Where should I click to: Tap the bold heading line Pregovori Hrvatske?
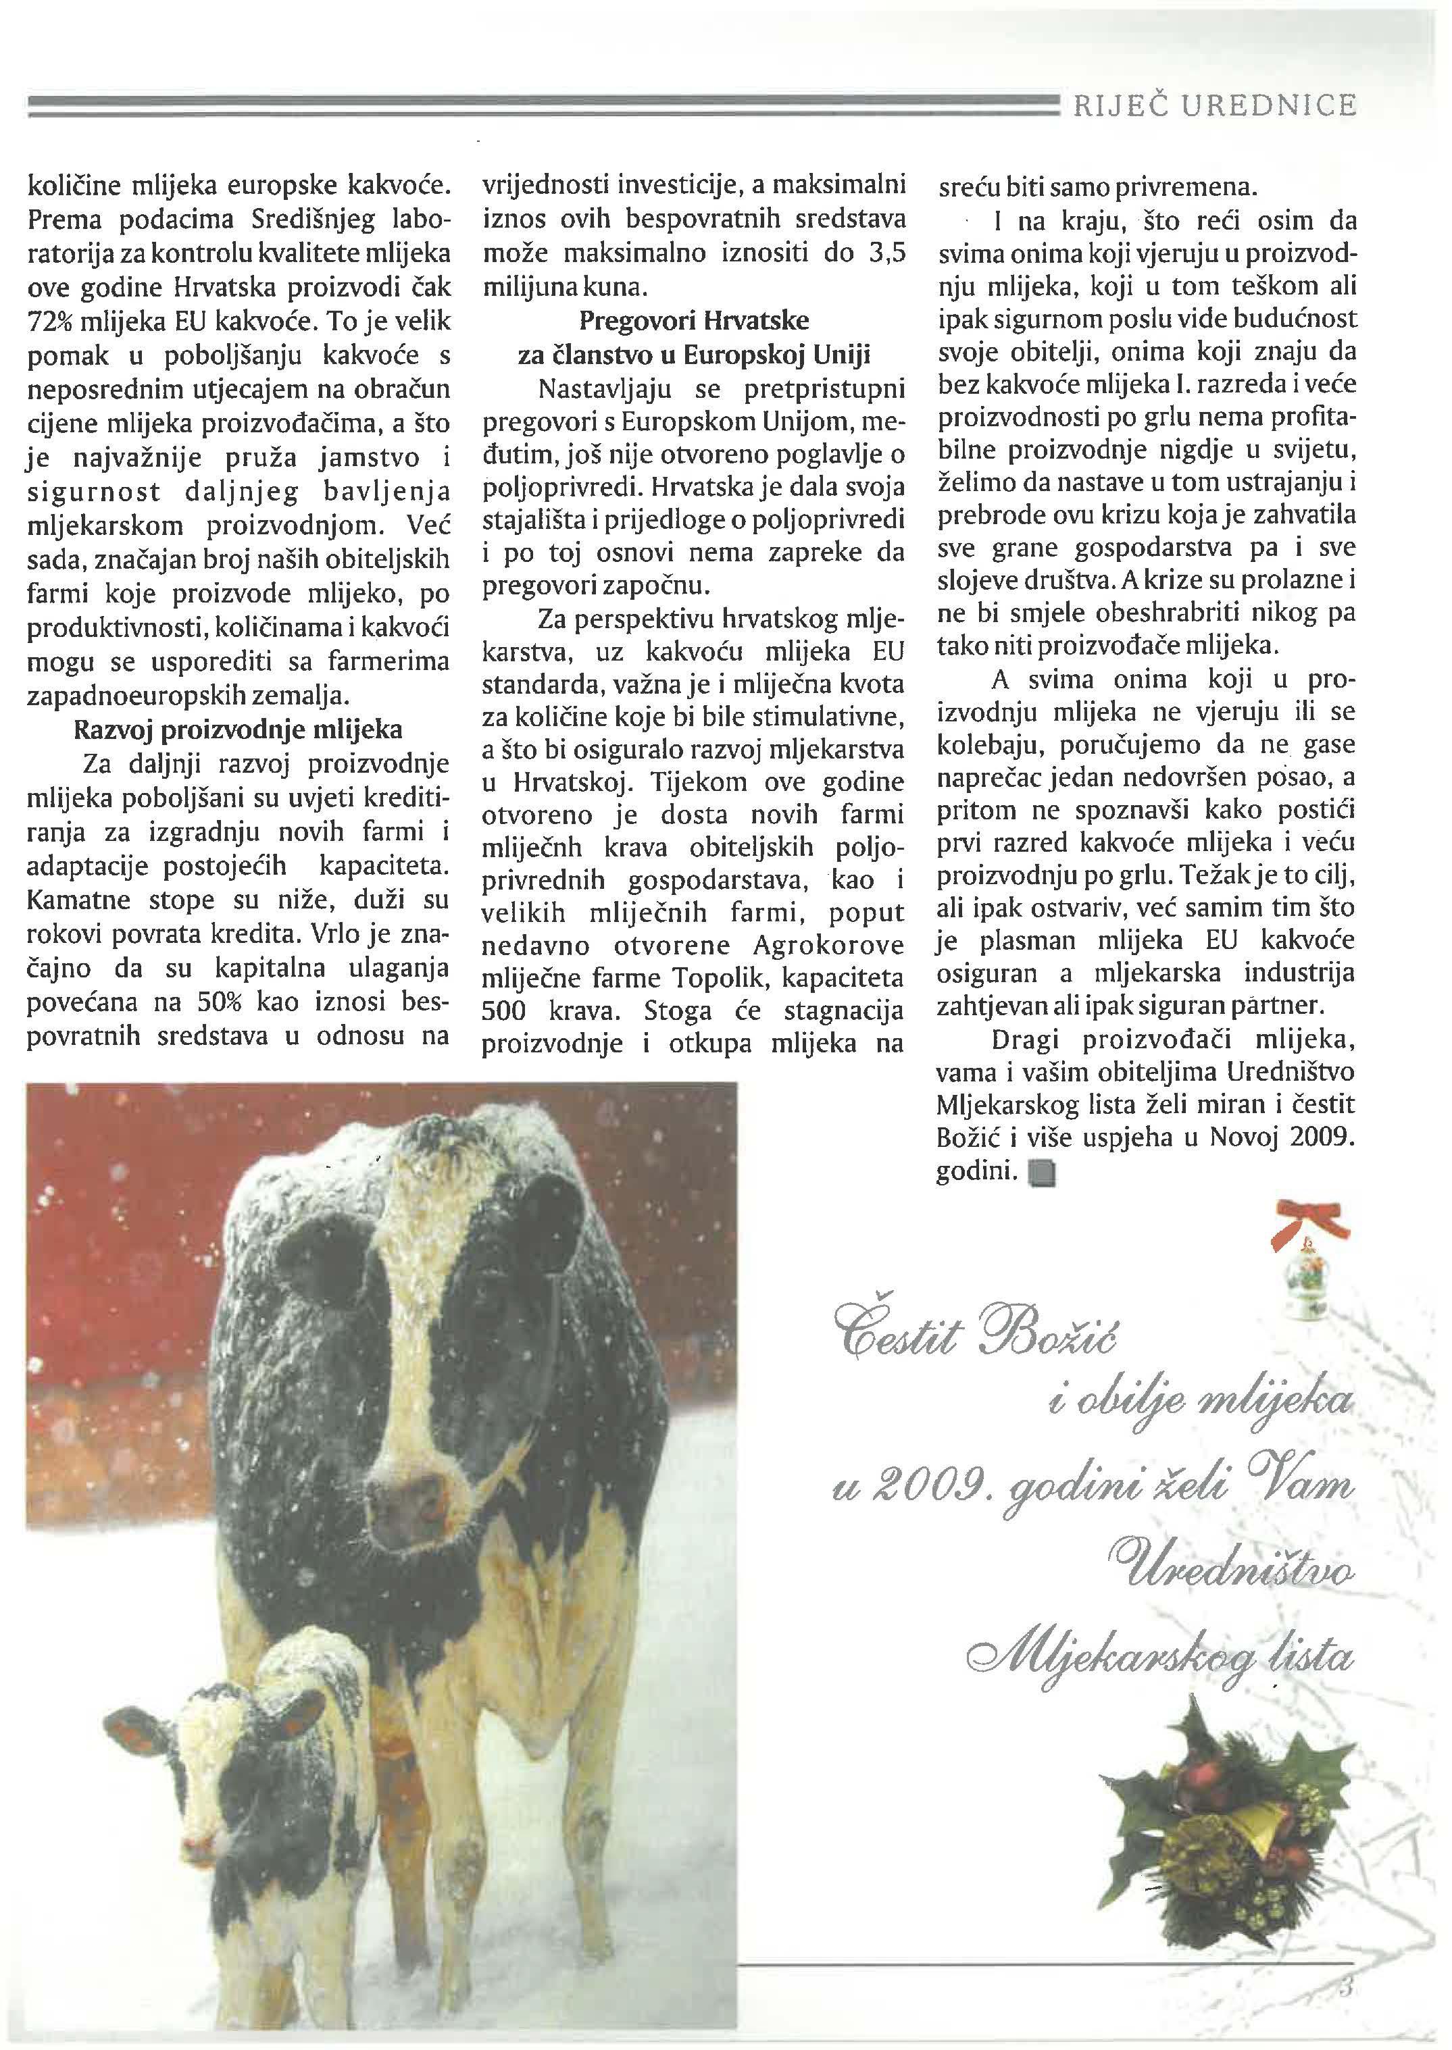694,320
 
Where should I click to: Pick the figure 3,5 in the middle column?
886,254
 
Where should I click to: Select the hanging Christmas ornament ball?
1308,1287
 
